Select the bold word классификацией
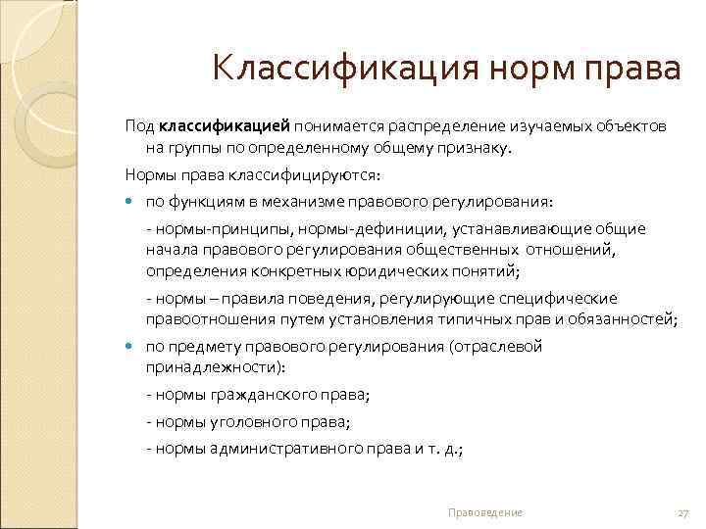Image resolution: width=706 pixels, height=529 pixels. (x=225, y=127)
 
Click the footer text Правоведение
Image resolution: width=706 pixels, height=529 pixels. (x=484, y=512)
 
